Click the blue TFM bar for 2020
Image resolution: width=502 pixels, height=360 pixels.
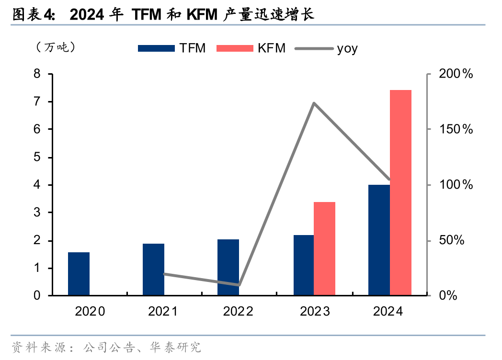click(x=79, y=273)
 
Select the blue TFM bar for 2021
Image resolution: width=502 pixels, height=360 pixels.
click(x=153, y=269)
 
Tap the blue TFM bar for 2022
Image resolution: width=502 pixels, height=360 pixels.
click(x=228, y=267)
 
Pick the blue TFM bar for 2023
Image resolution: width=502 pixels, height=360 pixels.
click(x=303, y=265)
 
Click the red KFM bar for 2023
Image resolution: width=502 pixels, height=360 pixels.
click(x=324, y=248)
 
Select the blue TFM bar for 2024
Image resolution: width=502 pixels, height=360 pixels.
click(x=379, y=239)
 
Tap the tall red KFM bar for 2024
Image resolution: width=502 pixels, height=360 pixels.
click(x=400, y=192)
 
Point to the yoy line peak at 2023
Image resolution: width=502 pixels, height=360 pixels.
click(x=313, y=103)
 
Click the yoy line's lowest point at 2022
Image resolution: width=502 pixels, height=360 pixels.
click(x=239, y=285)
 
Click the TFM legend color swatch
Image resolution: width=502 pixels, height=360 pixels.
click(x=156, y=48)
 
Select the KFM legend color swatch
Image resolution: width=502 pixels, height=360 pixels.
click(x=234, y=48)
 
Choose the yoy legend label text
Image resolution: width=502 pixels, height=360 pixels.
click(x=347, y=48)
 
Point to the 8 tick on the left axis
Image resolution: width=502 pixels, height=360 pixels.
click(x=37, y=74)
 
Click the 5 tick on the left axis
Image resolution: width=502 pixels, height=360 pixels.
click(x=37, y=157)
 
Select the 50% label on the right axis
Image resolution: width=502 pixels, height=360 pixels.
click(x=452, y=240)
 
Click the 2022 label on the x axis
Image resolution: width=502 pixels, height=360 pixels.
click(x=239, y=312)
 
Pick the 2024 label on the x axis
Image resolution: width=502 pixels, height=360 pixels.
click(x=388, y=312)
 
